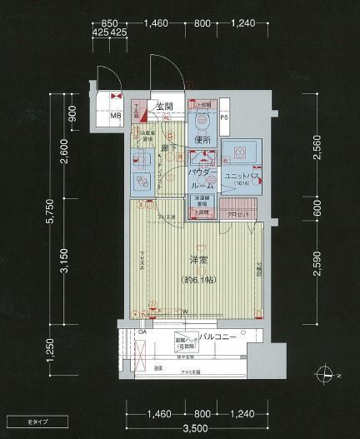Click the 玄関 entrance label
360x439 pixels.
pyautogui.click(x=163, y=107)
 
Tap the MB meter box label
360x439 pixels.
pyautogui.click(x=116, y=116)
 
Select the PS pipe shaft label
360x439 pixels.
pyautogui.click(x=224, y=116)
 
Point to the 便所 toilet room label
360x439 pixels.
pyautogui.click(x=200, y=139)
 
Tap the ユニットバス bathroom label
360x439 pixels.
pyautogui.click(x=239, y=176)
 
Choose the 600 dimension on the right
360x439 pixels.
pyautogui.click(x=317, y=209)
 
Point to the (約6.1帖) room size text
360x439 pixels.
pyautogui.click(x=200, y=280)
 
